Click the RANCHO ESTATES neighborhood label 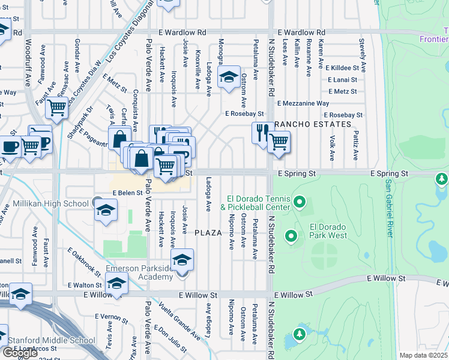pos(312,124)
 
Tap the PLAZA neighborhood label pos(208,232)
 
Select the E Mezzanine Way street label pos(303,103)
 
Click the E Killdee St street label pos(343,68)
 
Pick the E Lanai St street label pos(342,80)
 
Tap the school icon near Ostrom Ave pos(229,77)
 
